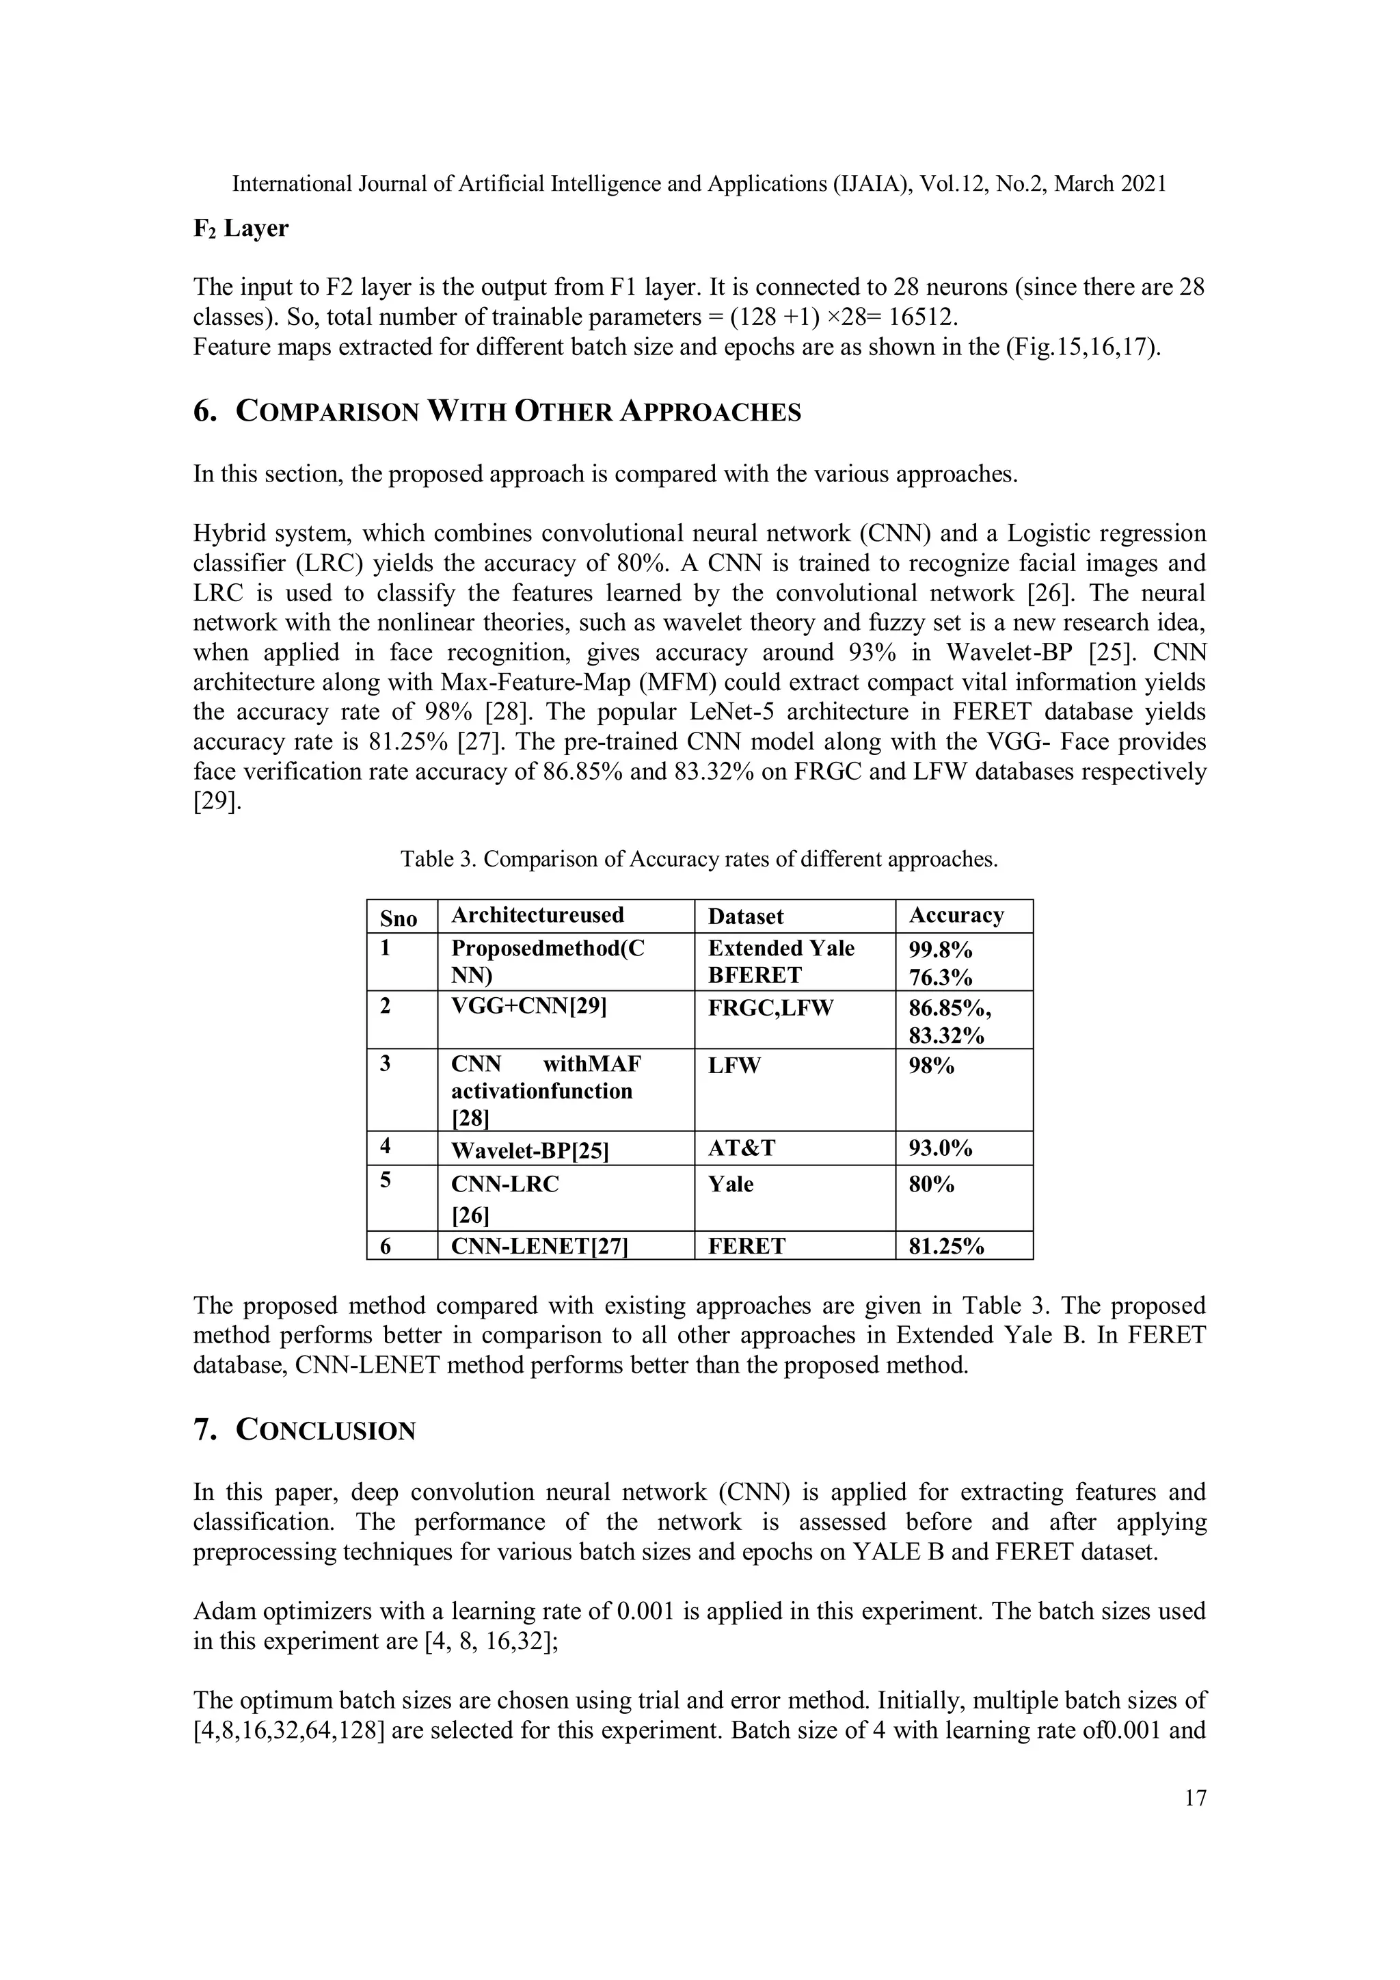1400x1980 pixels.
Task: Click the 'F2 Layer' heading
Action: tap(241, 228)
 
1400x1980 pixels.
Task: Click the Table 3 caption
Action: tap(698, 859)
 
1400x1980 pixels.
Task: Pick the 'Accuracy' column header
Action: tap(956, 915)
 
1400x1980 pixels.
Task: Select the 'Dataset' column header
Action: tap(746, 916)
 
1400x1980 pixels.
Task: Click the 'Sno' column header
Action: tap(399, 918)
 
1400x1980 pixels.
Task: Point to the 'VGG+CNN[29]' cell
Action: tap(528, 1006)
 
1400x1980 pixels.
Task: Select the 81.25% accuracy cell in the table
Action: tap(945, 1246)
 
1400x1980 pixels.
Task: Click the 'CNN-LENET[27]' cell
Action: tap(539, 1246)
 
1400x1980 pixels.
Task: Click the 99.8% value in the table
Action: tap(940, 949)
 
